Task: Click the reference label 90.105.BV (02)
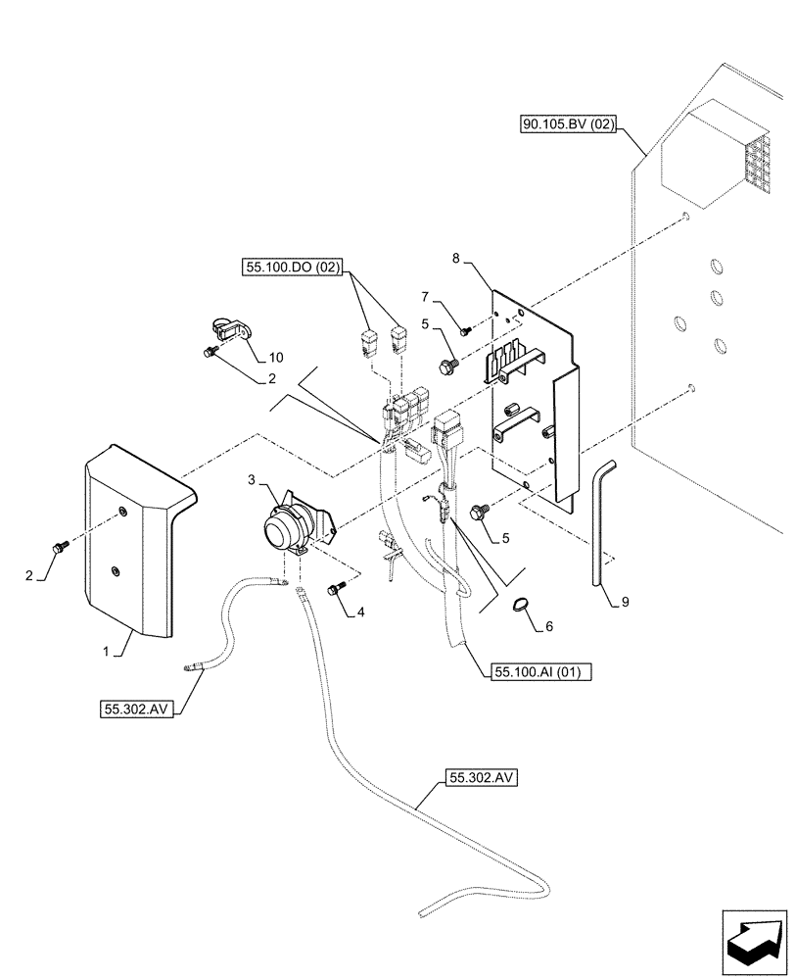click(x=567, y=124)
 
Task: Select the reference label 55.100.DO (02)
click(x=292, y=266)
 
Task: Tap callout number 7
click(x=425, y=295)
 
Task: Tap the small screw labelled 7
click(x=465, y=330)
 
